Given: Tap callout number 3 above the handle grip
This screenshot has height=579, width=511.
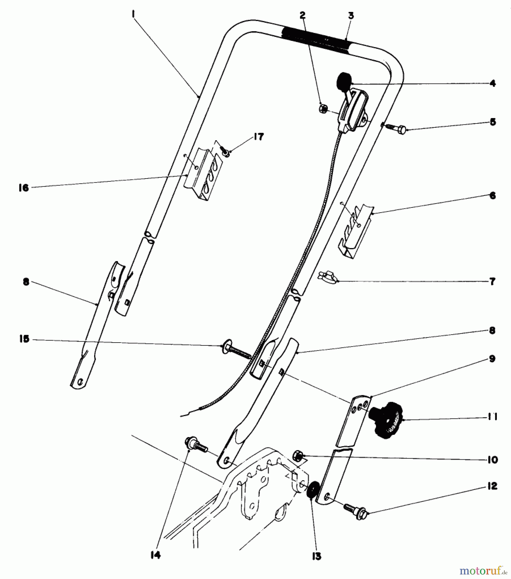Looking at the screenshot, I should (351, 15).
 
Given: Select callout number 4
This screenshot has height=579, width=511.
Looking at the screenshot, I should (492, 83).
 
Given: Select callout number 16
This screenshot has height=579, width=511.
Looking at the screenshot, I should (23, 188).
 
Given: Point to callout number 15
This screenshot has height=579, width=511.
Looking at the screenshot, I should (24, 339).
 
